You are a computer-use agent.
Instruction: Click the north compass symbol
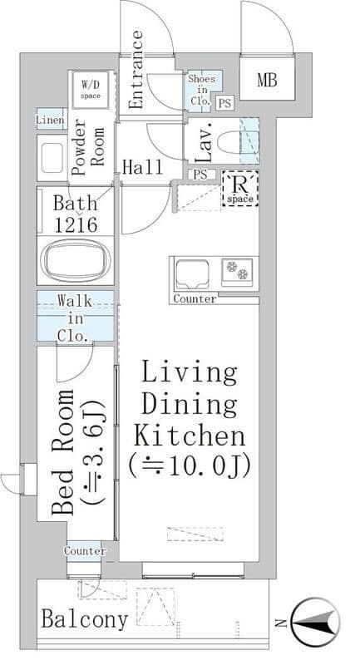pos(316,622)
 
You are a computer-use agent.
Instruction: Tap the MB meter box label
pos(267,80)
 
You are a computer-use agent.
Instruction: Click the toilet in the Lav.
pos(228,142)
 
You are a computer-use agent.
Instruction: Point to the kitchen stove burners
pos(237,271)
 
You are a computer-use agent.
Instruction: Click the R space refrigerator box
pos(240,189)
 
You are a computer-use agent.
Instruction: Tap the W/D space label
pos(91,88)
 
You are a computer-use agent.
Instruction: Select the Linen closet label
pos(51,120)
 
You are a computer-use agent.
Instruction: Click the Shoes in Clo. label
pos(202,90)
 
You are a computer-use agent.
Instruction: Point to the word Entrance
pos(136,70)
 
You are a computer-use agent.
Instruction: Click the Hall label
pos(142,167)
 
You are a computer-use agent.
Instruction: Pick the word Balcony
pos(84,620)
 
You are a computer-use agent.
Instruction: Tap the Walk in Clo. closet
pos(75,316)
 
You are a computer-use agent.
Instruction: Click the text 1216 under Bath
pos(76,224)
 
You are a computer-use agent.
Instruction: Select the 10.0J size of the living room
pos(189,465)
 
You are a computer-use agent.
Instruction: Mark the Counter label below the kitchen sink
pos(195,298)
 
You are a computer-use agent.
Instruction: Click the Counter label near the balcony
pos(85,551)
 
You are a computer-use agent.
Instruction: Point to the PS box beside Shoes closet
pos(224,103)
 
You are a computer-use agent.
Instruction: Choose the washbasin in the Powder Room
pos(52,158)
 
